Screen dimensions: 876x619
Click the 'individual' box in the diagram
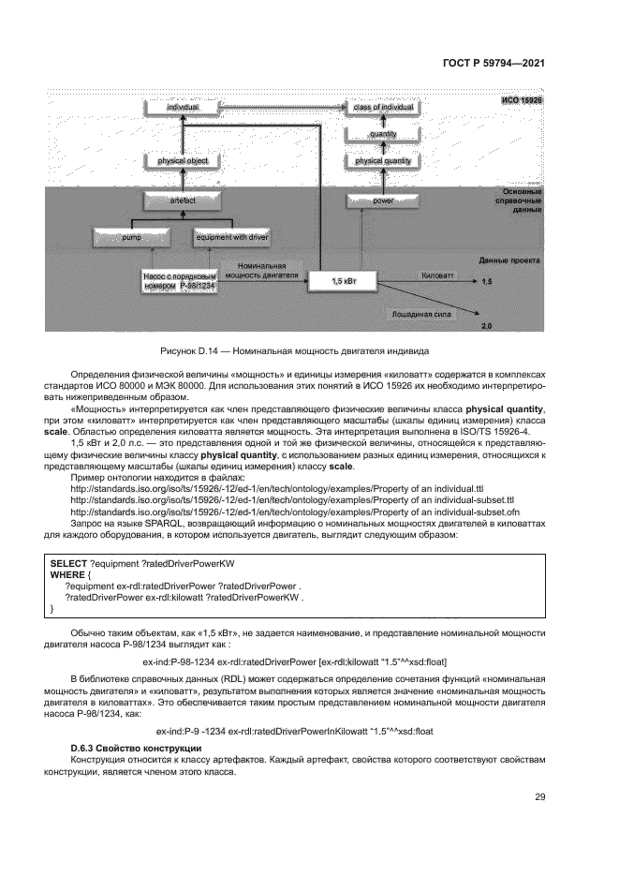[x=184, y=109]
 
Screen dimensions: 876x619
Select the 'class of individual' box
[x=384, y=109]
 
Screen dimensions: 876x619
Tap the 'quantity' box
[x=384, y=135]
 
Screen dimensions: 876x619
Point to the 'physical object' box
[x=183, y=161]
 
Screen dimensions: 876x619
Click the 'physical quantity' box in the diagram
[x=384, y=161]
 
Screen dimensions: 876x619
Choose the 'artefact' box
[x=183, y=200]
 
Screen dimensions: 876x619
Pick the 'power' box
[x=384, y=200]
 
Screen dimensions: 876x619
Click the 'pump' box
[x=130, y=239]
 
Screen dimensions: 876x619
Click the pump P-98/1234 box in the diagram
[x=180, y=281]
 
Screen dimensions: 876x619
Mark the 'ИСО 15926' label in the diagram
[x=523, y=99]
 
